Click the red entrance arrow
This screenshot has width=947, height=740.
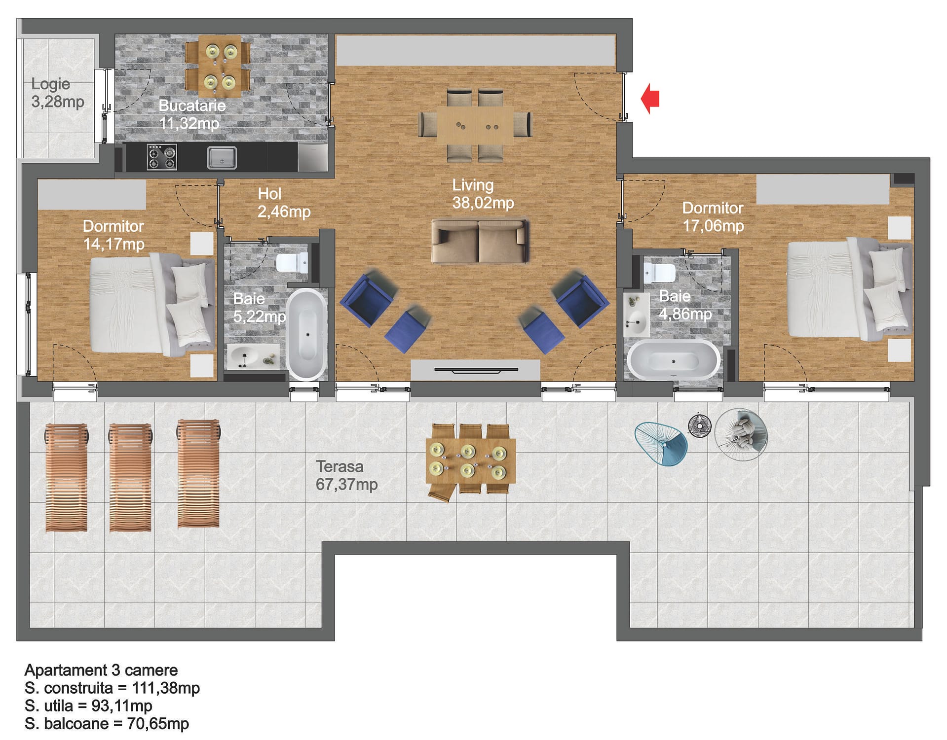(x=650, y=98)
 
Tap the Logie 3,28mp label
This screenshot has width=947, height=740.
(x=58, y=93)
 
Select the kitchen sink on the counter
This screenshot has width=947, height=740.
(x=222, y=158)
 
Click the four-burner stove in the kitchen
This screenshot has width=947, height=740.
(x=162, y=157)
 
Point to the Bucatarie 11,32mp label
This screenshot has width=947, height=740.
(x=191, y=114)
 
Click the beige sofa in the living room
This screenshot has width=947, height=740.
(x=480, y=241)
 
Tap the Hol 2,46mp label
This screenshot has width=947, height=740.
(x=284, y=203)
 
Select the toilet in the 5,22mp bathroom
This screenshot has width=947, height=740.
(x=293, y=263)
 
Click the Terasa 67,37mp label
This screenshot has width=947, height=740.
(x=346, y=475)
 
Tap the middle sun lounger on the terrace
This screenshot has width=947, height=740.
(x=130, y=477)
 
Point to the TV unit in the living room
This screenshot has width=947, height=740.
(x=475, y=370)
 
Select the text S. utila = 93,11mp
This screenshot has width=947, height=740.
(x=88, y=706)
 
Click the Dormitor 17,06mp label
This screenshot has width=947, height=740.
(x=713, y=217)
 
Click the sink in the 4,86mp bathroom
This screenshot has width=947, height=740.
(x=636, y=315)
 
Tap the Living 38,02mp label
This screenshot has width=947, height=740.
(x=483, y=194)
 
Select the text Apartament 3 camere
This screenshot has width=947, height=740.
(x=101, y=670)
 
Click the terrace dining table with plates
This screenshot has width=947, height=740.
(x=470, y=461)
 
